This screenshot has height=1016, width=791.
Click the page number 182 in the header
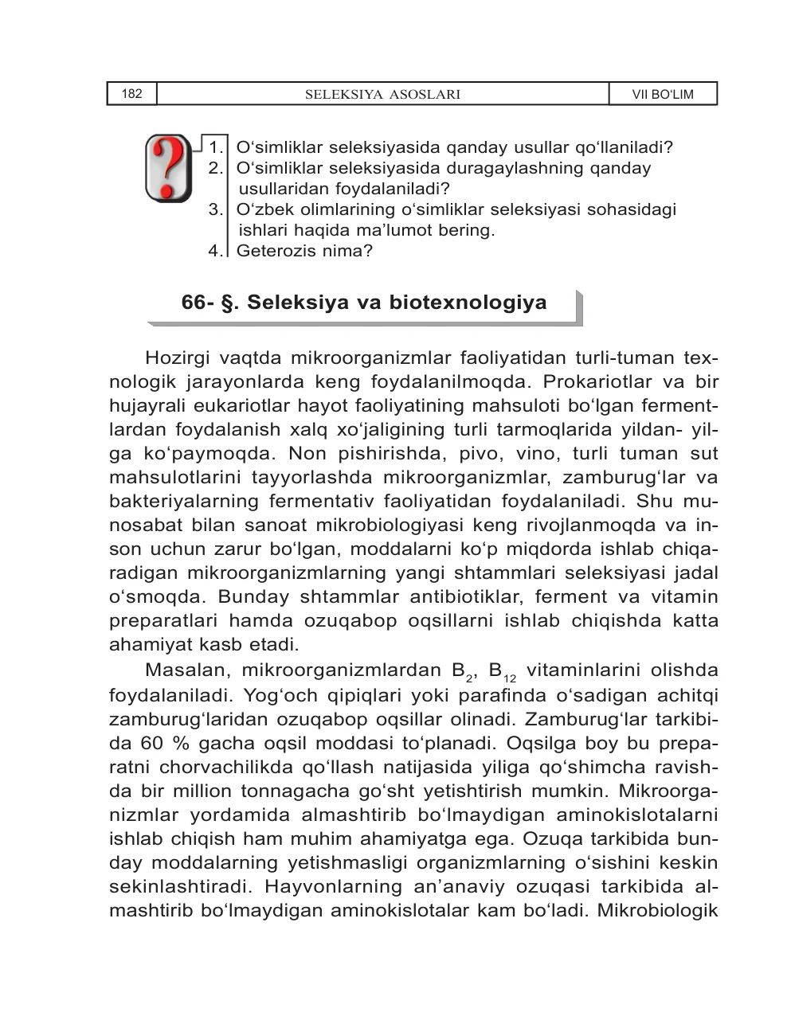(x=132, y=94)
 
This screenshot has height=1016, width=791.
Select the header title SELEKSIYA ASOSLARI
(x=383, y=95)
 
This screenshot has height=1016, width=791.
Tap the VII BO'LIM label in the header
(x=663, y=95)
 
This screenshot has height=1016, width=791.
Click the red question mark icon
(x=168, y=168)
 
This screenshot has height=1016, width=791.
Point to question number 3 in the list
(x=215, y=209)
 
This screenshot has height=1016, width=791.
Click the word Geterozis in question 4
(x=271, y=251)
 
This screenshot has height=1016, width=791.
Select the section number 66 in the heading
(x=194, y=303)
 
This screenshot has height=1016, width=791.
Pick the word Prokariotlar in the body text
(x=585, y=381)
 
